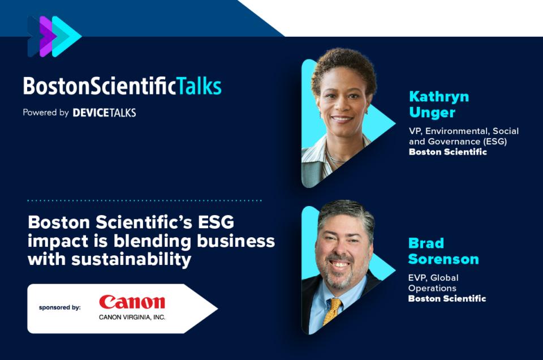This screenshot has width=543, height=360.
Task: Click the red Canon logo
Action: coord(132,302)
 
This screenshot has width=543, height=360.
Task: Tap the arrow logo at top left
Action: coord(54,36)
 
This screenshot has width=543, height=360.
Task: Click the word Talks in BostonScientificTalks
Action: coord(199,86)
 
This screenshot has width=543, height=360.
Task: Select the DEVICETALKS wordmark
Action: coord(104,113)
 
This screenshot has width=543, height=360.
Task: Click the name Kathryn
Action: coord(439,97)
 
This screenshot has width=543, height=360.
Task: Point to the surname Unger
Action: coord(432,113)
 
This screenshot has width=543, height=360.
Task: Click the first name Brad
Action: coord(426,243)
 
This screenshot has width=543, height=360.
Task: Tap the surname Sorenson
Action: coord(443,259)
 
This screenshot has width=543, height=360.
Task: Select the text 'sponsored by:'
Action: coord(59,307)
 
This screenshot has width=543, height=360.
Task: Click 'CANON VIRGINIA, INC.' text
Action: coord(132,317)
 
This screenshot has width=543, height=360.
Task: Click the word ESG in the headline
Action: coord(216,222)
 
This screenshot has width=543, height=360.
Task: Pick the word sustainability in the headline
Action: coord(131,259)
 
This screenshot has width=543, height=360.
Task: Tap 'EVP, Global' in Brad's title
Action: coord(433,278)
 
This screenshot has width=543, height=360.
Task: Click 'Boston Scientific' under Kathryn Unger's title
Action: coord(448,152)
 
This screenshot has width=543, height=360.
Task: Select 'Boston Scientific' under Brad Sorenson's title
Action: coord(447,299)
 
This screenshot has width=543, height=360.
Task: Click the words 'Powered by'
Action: coord(46,113)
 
